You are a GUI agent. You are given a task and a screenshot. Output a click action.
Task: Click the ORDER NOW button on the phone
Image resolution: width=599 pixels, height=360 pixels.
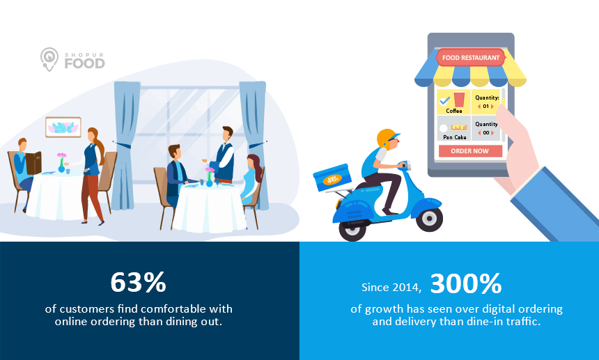click(470, 151)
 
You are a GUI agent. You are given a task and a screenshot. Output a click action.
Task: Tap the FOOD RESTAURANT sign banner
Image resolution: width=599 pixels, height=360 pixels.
click(471, 58)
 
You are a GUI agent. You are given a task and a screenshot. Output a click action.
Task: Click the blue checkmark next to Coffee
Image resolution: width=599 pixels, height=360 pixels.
click(444, 100)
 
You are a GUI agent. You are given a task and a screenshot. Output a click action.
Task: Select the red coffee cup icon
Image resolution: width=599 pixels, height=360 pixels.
click(459, 100)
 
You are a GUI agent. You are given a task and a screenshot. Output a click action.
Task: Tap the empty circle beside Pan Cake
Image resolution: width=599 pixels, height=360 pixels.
click(443, 128)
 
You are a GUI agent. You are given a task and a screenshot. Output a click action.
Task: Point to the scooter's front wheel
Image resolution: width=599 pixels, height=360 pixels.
click(429, 219)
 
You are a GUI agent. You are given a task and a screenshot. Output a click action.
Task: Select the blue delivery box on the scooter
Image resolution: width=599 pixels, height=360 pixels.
click(332, 178)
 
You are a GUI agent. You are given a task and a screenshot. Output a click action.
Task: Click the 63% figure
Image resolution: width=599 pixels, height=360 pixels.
click(139, 283)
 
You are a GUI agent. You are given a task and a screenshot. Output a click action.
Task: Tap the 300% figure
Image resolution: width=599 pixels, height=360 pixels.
click(466, 283)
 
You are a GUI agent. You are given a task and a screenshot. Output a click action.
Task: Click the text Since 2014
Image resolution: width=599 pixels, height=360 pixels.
click(391, 288)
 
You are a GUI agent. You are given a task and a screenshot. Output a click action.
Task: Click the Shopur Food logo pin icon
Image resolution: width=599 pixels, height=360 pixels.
click(49, 59)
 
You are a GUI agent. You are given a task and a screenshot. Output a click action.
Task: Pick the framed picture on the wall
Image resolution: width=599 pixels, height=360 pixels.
click(63, 127)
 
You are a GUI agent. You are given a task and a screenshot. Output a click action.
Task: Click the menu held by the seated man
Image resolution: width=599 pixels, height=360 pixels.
click(33, 163)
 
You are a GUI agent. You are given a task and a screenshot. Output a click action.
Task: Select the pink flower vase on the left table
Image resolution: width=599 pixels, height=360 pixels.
click(61, 163)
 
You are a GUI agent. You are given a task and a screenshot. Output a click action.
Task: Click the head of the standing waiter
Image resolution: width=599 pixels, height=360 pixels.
click(227, 134)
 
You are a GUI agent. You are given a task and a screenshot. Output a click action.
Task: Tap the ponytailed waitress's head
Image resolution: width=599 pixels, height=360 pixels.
click(93, 135)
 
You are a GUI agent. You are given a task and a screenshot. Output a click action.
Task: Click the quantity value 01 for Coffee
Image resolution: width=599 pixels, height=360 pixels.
click(485, 106)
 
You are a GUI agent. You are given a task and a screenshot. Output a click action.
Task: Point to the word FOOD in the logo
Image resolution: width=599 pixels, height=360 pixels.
click(84, 63)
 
